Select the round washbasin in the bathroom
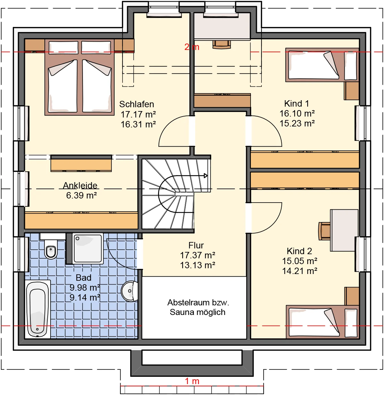pos(129,291)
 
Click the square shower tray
pos(88,248)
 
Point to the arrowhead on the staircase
pos(205,176)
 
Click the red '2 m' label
pos(192,47)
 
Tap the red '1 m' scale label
pos(192,381)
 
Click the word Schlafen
pos(137,104)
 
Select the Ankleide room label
pos(80,185)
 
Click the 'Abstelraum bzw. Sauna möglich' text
pos(198,308)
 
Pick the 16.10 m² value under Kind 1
pos(297,113)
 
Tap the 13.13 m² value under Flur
pos(197,265)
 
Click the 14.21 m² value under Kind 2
pos(300,271)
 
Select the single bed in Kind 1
pos(322,65)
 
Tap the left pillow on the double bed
pos(64,47)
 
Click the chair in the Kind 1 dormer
pos(222,44)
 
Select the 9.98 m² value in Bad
pos(85,287)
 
